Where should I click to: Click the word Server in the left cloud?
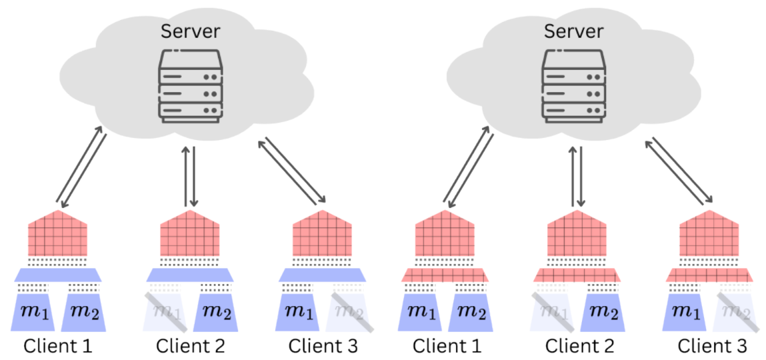coord(190,31)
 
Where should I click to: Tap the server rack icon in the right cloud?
coord(574,85)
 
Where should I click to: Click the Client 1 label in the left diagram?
coord(57,347)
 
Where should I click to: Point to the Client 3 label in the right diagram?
coord(712,347)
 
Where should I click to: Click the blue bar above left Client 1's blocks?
coord(57,274)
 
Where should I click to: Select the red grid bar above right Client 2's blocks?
coord(577,275)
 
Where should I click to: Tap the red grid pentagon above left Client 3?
coord(323,235)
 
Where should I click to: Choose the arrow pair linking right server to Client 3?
coord(679,170)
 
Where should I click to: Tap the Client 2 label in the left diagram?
coord(190,347)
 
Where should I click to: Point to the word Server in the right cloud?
coord(574,31)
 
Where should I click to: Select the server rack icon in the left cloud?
coord(190,85)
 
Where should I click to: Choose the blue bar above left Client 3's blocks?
coord(323,274)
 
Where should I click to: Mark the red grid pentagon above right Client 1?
coord(445,235)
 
